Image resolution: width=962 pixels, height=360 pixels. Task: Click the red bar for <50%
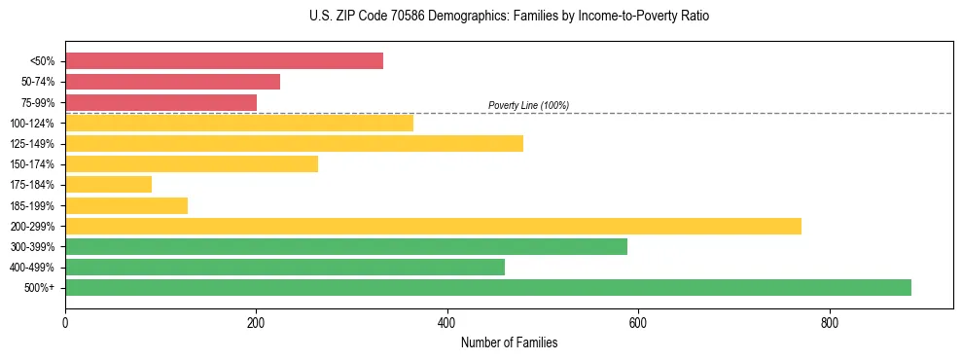pyautogui.click(x=224, y=61)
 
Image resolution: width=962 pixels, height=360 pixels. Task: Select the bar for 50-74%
pyautogui.click(x=172, y=82)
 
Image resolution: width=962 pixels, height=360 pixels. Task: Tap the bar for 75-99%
pyautogui.click(x=160, y=102)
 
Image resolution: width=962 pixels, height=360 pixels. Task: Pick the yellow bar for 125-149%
pyautogui.click(x=294, y=144)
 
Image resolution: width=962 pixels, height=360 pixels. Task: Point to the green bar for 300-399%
pyautogui.click(x=346, y=247)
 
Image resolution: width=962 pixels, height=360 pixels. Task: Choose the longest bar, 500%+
pyautogui.click(x=488, y=288)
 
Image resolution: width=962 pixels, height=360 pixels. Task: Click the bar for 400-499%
pyautogui.click(x=285, y=268)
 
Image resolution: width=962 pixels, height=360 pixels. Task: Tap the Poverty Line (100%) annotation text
pyautogui.click(x=528, y=105)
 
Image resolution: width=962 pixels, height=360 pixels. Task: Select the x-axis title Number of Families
pyautogui.click(x=509, y=342)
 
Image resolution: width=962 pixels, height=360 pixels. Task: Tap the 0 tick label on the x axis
pyautogui.click(x=65, y=321)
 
